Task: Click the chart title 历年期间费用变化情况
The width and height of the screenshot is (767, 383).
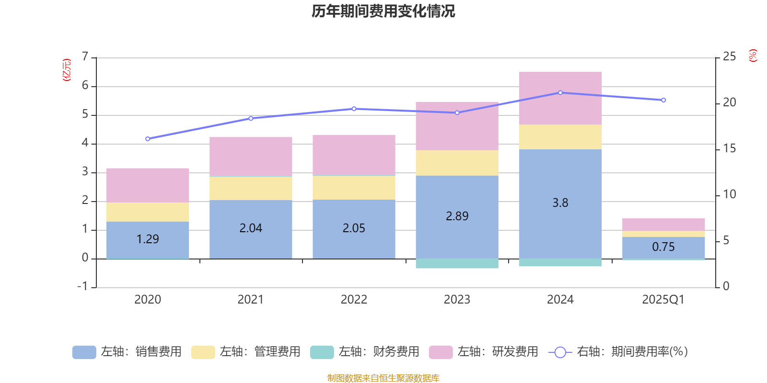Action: coord(383,11)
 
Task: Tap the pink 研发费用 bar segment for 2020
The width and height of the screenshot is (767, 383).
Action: coord(148,185)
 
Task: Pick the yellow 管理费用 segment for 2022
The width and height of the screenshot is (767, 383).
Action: coord(354,188)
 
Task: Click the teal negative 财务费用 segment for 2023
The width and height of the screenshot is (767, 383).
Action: coord(457,264)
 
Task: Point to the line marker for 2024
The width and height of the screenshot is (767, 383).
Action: coord(560,92)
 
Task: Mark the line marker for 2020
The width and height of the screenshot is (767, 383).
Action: coord(148,139)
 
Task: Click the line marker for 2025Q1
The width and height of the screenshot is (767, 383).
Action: coord(663,100)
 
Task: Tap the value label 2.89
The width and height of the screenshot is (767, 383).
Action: coord(457,216)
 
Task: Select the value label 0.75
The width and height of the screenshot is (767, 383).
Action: coord(663,247)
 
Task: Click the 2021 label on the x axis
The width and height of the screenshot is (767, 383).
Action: coord(250,300)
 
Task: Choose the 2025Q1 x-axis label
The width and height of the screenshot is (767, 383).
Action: coord(663,300)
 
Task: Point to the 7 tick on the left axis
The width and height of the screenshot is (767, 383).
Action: coord(85,57)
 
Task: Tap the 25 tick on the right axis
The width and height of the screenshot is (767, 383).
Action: coord(729,57)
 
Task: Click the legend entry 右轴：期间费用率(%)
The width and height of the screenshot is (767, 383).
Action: coord(618,352)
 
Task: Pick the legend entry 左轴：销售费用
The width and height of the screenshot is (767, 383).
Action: coord(127,352)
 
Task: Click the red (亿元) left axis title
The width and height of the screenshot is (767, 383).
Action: coord(67,70)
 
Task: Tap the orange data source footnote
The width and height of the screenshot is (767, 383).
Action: coord(383,378)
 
